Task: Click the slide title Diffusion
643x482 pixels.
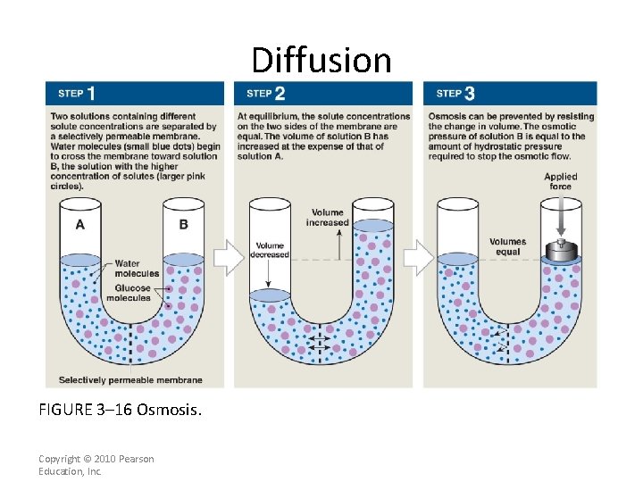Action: coord(321,60)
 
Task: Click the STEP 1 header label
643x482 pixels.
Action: coord(77,93)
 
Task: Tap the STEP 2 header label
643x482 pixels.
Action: coord(266,93)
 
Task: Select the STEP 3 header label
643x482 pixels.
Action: coord(455,93)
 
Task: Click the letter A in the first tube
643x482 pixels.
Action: coord(80,224)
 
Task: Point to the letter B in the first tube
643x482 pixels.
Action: coord(183,224)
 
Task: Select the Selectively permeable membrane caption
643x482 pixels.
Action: coord(130,380)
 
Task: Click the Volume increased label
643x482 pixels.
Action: coord(327,217)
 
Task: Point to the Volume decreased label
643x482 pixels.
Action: coord(270,250)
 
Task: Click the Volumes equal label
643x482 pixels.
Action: coord(507,246)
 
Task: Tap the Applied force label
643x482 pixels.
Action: coord(561,181)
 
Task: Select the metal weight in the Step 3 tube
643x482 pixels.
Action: coord(561,251)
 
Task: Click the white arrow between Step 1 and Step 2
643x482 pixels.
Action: coord(230,258)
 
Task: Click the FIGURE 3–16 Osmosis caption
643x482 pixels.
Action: coord(121,411)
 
